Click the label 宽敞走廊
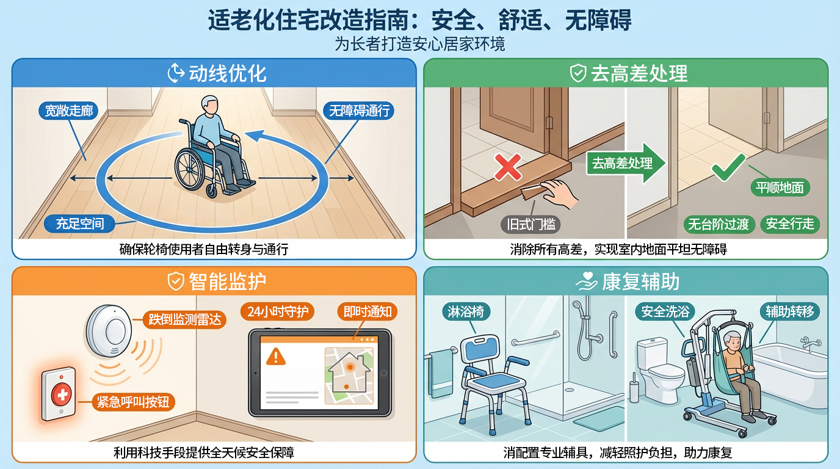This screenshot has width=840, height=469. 68,111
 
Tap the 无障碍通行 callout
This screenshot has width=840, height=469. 359,111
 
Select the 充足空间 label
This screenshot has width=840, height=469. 79,224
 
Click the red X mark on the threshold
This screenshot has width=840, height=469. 508,167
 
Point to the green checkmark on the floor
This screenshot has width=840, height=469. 728,167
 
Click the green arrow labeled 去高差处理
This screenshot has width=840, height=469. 626,163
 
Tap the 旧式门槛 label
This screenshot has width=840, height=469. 530,225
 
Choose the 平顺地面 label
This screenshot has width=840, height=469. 780,187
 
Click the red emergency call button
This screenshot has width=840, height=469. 62,394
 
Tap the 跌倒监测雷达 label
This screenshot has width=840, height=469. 184,319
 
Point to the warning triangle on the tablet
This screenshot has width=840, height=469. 276,357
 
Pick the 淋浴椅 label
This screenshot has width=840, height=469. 466,312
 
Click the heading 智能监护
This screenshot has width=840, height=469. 228,282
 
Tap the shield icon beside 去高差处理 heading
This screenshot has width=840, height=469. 578,73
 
